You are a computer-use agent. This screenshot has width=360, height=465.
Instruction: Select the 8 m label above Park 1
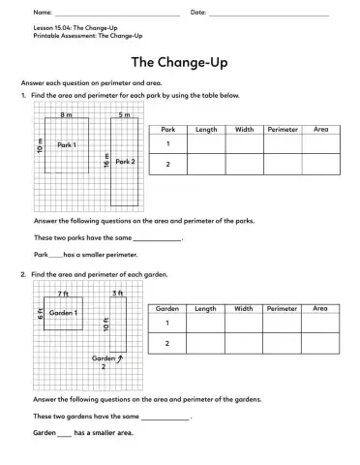click(67, 114)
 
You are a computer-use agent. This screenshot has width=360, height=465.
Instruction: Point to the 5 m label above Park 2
click(124, 114)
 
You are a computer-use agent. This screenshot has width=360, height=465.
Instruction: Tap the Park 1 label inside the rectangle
click(67, 144)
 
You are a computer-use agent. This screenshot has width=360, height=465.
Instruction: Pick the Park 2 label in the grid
click(125, 162)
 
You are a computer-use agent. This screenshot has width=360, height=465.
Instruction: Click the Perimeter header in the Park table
click(283, 129)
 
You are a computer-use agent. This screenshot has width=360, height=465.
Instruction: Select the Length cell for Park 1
click(206, 143)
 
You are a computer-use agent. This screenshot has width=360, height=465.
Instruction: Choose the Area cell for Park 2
click(320, 165)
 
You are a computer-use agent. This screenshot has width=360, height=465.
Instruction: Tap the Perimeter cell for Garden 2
click(283, 344)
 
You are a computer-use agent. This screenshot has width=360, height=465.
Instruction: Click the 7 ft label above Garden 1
click(63, 293)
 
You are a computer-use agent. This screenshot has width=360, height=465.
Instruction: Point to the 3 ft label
click(117, 293)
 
